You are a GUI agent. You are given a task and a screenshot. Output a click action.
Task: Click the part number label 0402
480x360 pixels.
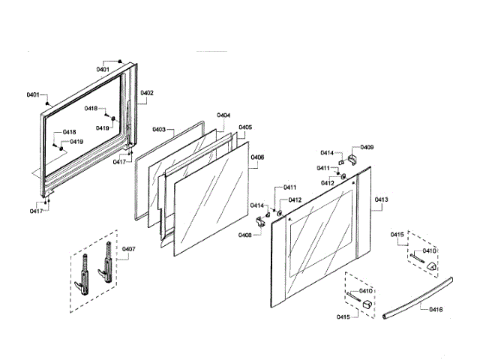(x=147, y=93)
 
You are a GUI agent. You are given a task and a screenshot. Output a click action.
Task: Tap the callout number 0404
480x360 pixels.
(x=223, y=115)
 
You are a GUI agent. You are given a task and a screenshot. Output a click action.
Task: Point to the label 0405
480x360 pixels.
(x=245, y=127)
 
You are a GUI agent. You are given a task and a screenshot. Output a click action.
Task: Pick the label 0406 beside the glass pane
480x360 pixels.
(x=256, y=157)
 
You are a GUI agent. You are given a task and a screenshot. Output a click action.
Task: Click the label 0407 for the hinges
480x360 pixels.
(x=129, y=249)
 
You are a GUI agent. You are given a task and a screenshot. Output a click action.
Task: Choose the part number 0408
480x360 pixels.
(x=244, y=235)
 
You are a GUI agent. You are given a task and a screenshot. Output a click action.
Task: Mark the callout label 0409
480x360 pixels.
(x=367, y=148)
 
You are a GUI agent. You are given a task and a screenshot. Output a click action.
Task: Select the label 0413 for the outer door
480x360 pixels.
(x=381, y=200)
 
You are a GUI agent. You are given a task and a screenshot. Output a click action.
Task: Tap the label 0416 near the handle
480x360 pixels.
(x=436, y=309)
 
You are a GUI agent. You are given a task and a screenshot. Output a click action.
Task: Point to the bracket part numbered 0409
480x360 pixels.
(x=350, y=158)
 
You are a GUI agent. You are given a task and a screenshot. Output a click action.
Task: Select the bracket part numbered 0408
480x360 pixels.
(x=261, y=220)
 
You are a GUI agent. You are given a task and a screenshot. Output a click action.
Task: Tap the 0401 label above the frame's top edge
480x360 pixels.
(x=103, y=69)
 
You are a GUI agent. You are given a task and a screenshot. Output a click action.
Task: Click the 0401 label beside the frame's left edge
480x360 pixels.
(x=33, y=95)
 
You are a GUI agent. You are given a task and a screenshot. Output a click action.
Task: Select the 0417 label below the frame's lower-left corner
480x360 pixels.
(x=36, y=211)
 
